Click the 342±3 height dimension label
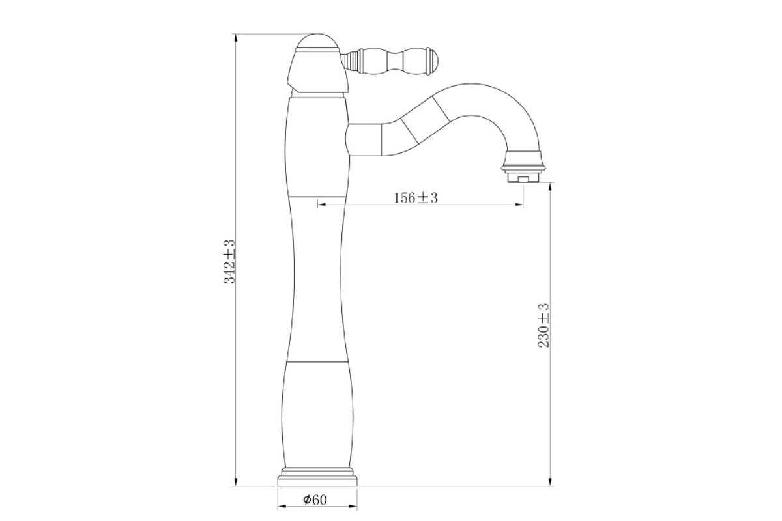click(x=229, y=261)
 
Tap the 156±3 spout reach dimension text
click(x=416, y=198)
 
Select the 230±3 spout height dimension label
click(x=543, y=326)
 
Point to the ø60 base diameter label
click(x=315, y=500)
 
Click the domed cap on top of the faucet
click(x=317, y=42)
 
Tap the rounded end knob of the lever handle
click(x=432, y=61)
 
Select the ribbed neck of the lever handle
click(x=351, y=61)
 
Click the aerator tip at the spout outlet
click(x=523, y=178)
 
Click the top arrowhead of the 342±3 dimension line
click(x=236, y=38)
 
